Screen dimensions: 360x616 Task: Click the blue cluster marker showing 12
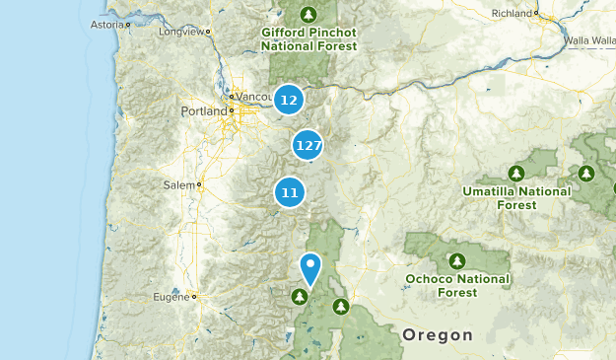(289, 99)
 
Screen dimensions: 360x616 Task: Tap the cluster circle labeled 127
(308, 145)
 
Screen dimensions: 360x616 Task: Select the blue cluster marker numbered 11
(289, 191)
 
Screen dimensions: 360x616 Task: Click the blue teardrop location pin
(310, 267)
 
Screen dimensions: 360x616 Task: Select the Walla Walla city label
(590, 41)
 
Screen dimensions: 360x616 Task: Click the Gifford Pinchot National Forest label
(308, 38)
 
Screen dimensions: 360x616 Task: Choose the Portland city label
(204, 111)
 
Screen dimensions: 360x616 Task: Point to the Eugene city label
(172, 296)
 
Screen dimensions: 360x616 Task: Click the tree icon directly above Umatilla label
(516, 173)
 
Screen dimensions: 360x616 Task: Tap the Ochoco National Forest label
(457, 285)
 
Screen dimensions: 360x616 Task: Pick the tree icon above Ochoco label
(457, 261)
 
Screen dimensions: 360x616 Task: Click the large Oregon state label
(438, 335)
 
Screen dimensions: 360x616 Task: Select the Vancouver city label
(250, 98)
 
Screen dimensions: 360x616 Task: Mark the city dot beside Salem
(199, 184)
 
